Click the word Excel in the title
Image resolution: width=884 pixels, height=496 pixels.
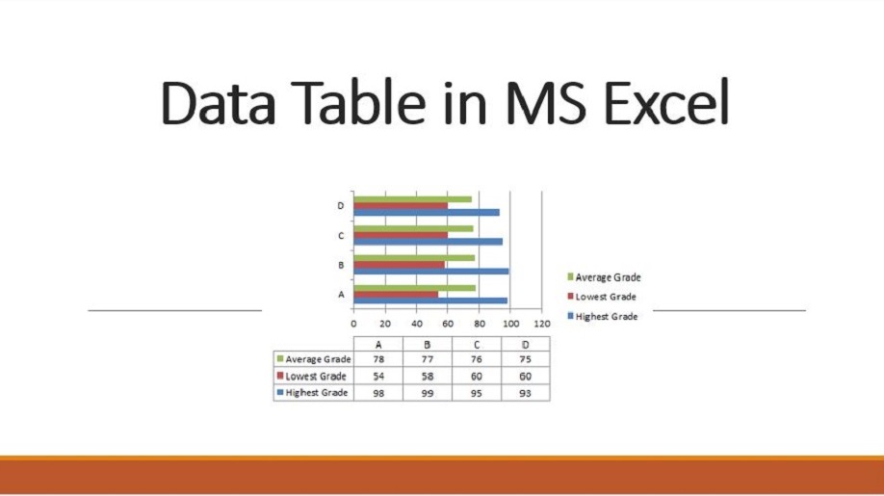click(x=666, y=103)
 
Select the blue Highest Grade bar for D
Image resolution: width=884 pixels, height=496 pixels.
click(x=427, y=213)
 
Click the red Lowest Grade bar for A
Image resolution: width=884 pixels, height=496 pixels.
click(x=396, y=294)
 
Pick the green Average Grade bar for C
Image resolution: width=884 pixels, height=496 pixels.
click(x=414, y=229)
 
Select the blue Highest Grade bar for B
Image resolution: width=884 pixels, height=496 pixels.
click(x=431, y=271)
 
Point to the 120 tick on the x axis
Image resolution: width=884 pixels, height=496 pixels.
click(x=542, y=324)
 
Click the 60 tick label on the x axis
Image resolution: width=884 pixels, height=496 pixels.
click(x=448, y=324)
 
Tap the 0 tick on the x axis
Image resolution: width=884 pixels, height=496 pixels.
click(x=353, y=324)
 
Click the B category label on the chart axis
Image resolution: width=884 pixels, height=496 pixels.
click(x=341, y=265)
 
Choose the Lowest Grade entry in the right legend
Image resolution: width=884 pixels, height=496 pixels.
click(x=602, y=297)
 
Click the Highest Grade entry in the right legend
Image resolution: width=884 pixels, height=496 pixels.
click(x=603, y=316)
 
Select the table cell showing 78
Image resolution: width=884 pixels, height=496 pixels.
click(x=378, y=359)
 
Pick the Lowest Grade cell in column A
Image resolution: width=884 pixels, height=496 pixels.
click(x=378, y=376)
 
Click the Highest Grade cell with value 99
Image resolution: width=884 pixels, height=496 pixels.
click(x=428, y=393)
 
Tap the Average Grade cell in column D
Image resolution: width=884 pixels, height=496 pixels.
click(x=526, y=359)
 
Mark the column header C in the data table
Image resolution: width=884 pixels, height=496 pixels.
click(x=477, y=345)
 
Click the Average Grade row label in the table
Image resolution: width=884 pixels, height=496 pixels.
click(x=314, y=359)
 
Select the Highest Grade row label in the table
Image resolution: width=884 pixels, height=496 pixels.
click(x=312, y=392)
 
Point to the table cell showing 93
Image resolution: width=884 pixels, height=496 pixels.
click(x=526, y=393)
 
